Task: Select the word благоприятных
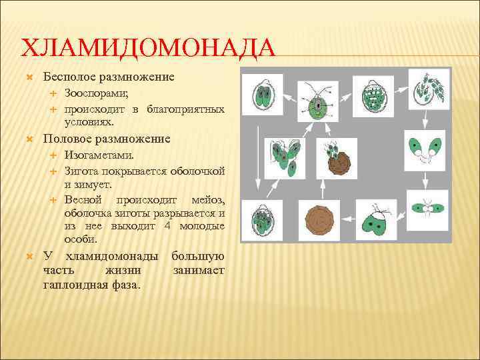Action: pyautogui.click(x=185, y=109)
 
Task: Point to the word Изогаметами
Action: pyautogui.click(x=99, y=155)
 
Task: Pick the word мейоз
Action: pyautogui.click(x=207, y=199)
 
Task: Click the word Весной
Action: pyautogui.click(x=83, y=199)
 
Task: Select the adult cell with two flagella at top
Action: pyautogui.click(x=317, y=105)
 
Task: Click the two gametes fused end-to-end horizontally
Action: pyautogui.click(x=424, y=209)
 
